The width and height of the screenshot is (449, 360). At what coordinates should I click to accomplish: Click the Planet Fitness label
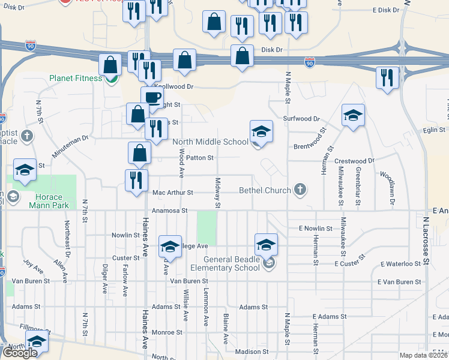pos(76,78)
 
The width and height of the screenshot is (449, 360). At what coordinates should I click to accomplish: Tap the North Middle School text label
pos(210,142)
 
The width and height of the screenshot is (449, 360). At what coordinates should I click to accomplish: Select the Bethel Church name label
pos(266,190)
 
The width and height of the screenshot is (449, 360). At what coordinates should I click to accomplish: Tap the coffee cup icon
pos(152,97)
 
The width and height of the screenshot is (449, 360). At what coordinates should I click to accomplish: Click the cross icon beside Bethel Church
pos(300,190)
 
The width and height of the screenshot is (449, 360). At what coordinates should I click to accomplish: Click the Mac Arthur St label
pos(172,193)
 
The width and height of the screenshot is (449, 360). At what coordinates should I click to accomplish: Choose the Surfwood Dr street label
pos(302,119)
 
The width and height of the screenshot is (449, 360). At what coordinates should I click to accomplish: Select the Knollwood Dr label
pos(173,86)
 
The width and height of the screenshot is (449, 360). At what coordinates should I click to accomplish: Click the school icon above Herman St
pos(353,116)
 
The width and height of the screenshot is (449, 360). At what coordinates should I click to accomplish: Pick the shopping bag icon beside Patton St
pos(139,153)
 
